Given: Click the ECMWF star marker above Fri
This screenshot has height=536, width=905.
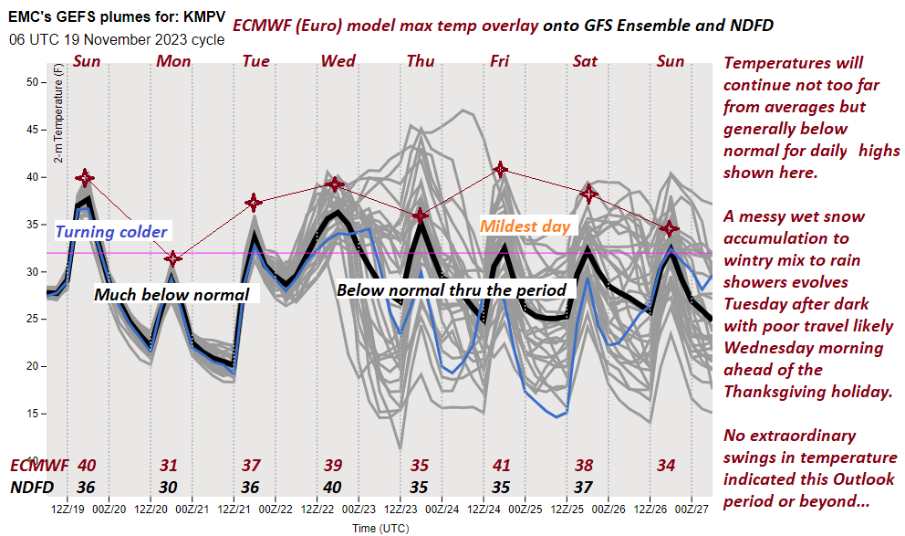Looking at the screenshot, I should click(500, 169).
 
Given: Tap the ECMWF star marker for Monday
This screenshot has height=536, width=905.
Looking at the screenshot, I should click(173, 258).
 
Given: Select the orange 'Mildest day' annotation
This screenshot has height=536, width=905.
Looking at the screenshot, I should click(525, 226).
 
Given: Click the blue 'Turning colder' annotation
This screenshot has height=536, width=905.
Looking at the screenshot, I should click(110, 231).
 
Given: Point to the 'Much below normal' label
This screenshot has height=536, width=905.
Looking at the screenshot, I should click(172, 294).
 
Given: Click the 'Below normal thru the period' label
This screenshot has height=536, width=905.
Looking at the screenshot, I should click(452, 289).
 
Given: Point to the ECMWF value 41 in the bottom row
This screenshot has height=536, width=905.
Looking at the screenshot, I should click(500, 466).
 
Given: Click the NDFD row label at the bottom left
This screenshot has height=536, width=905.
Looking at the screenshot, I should click(32, 487).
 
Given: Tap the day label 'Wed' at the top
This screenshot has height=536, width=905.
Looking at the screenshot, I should click(338, 61).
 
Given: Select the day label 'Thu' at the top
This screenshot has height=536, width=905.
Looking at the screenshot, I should click(421, 61).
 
